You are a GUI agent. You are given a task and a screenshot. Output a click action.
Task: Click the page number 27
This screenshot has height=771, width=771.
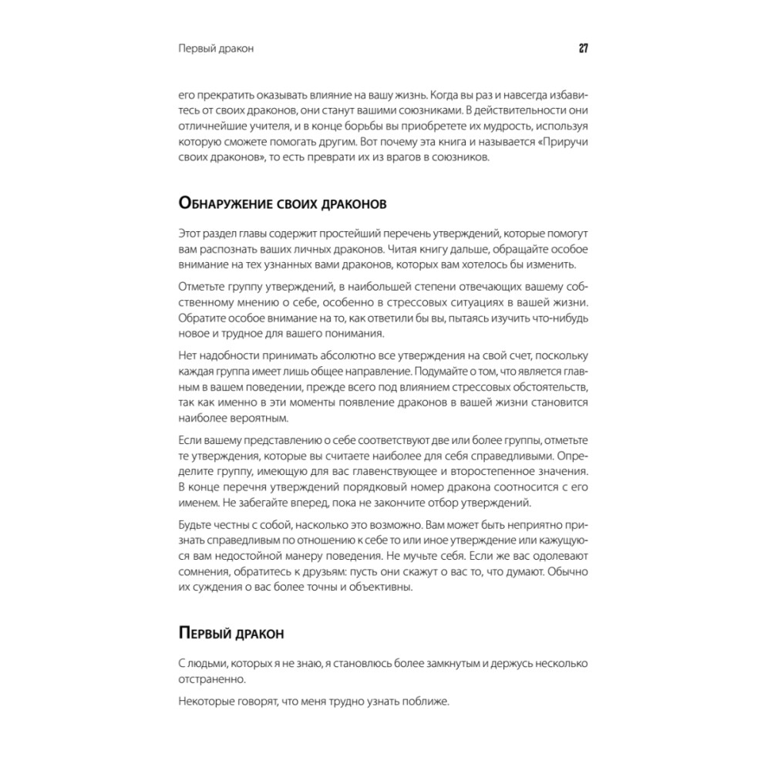coord(584,49)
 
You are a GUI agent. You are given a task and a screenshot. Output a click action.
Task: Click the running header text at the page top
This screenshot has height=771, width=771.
coord(216,49)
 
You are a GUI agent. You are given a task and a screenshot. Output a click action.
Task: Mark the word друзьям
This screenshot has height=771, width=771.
coord(336,573)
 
